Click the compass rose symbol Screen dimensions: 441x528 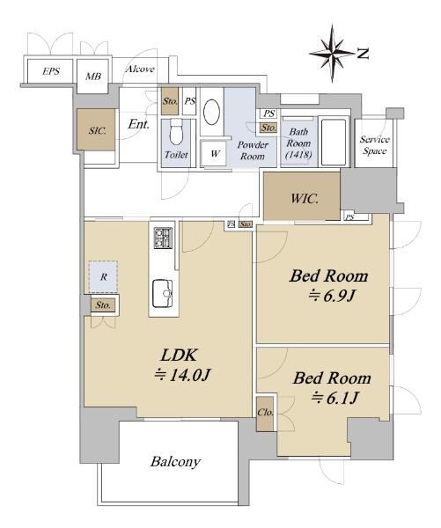coord(332,53)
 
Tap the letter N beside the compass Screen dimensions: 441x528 coord(364,54)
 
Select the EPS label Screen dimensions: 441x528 coord(51,71)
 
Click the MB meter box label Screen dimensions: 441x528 coord(93,77)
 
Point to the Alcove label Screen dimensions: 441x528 coord(140,69)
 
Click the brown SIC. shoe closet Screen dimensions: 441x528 coord(97,129)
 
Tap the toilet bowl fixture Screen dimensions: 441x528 coord(176,131)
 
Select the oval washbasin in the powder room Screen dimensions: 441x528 coord(212,112)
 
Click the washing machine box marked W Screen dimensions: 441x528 coord(214,154)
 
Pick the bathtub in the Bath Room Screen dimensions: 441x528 coord(334,142)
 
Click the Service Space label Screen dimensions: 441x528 coord(375,145)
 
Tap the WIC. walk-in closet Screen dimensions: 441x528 coord(302,196)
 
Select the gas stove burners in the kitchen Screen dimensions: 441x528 coord(164,238)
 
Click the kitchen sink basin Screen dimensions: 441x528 coord(163,294)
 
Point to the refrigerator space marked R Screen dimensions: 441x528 coord(103,277)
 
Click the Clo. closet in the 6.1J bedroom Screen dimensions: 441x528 coord(265,414)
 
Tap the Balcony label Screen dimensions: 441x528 coord(175,462)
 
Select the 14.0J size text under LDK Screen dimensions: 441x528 coord(182,375)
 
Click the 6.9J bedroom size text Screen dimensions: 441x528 coord(332,297)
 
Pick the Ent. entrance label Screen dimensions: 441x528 coord(138,124)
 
